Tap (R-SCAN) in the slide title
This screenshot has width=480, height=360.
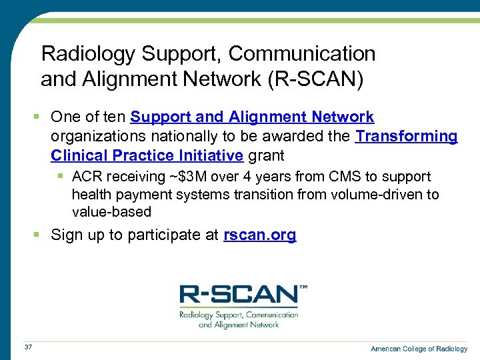point(315,80)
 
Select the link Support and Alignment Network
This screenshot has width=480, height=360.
point(252,117)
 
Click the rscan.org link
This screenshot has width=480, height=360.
point(260,235)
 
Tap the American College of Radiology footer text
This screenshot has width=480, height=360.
point(419,349)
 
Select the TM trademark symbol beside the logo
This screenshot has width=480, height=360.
point(303,287)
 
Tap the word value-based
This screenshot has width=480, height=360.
point(112,212)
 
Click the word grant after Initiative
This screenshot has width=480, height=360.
point(266,155)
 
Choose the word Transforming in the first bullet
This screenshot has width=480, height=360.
point(407,137)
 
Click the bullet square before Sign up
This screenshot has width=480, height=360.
point(39,235)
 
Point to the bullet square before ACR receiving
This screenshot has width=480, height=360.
point(61,177)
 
